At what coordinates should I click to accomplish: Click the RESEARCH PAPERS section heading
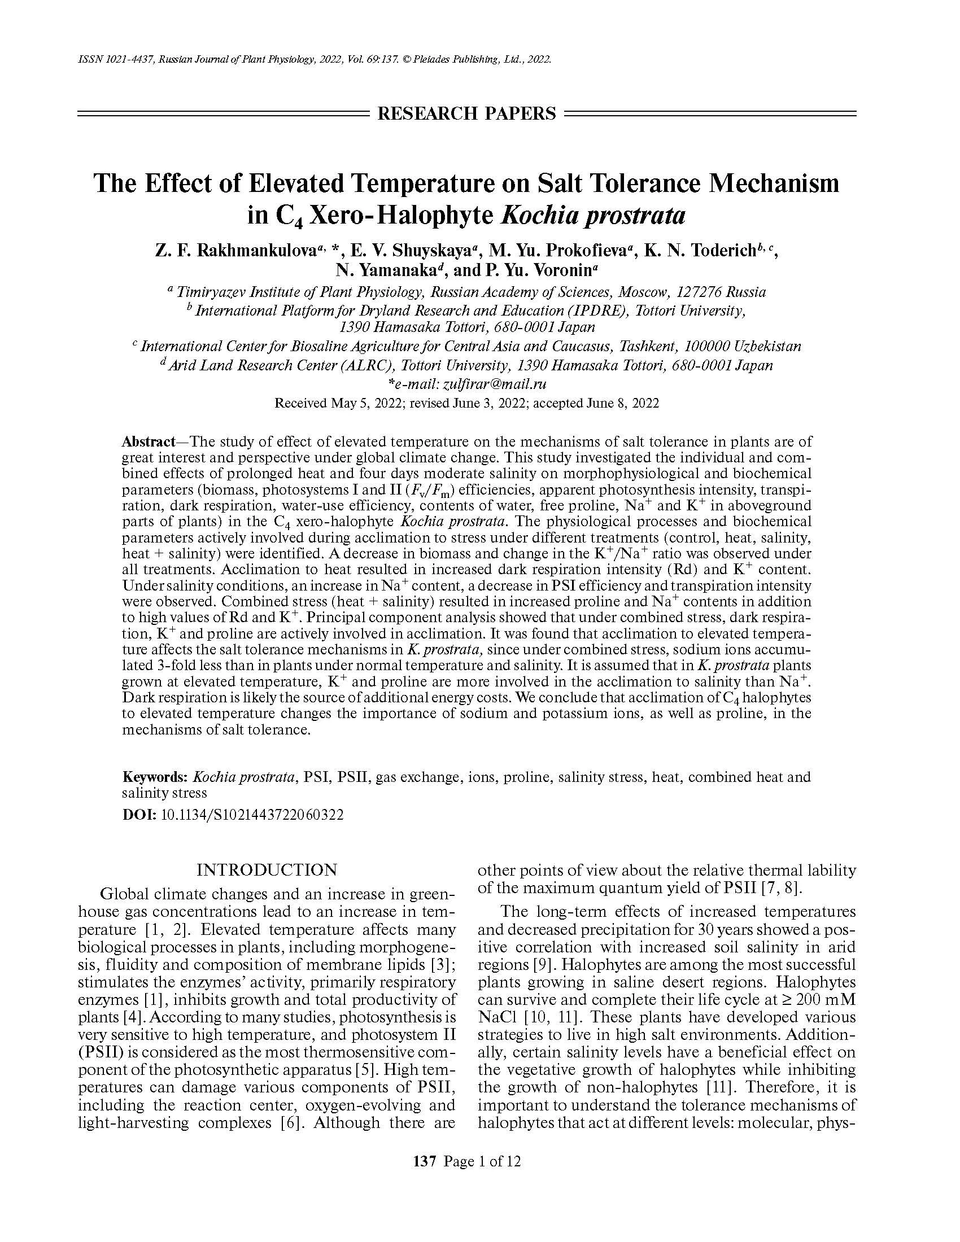point(466,113)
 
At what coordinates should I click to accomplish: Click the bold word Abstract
point(149,442)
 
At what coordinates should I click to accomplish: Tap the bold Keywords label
point(155,777)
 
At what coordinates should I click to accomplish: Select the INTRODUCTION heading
point(267,870)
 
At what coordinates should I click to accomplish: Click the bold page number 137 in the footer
point(424,1162)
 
